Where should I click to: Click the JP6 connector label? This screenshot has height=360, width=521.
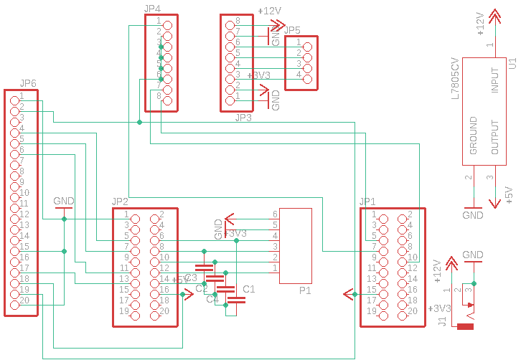(x=29, y=84)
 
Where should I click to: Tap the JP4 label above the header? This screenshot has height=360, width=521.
(x=152, y=9)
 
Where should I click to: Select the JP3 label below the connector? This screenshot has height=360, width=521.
(x=243, y=117)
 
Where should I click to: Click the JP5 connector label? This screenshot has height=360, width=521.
(x=293, y=30)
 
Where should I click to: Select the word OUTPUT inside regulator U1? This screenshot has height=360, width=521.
(x=494, y=136)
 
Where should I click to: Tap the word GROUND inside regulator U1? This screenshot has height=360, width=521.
(x=474, y=136)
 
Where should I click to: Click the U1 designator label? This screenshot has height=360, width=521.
(x=512, y=64)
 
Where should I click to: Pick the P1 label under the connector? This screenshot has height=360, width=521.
(x=304, y=292)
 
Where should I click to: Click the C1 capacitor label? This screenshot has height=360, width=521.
(x=249, y=289)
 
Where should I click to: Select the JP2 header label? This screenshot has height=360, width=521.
(x=120, y=202)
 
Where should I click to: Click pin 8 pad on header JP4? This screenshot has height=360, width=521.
(x=167, y=101)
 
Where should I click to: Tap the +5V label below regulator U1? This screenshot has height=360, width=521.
(x=507, y=194)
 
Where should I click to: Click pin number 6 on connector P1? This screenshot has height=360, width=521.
(x=275, y=214)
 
